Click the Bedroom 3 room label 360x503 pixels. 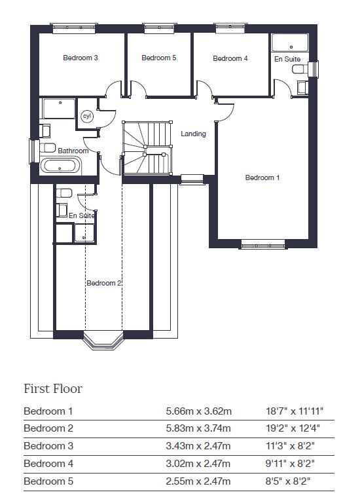pyautogui.click(x=80, y=58)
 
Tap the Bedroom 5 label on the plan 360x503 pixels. pyautogui.click(x=158, y=58)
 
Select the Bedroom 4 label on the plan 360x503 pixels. pyautogui.click(x=230, y=58)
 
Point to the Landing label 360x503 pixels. pyautogui.click(x=193, y=134)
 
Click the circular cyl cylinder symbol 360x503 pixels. pyautogui.click(x=87, y=116)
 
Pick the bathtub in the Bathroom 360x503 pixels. pyautogui.click(x=60, y=166)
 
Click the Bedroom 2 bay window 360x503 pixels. pyautogui.click(x=103, y=341)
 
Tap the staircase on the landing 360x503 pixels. pyautogui.click(x=147, y=148)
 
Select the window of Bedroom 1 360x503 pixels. pyautogui.click(x=263, y=244)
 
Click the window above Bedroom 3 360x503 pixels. pyautogui.click(x=75, y=28)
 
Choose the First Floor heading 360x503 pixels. pyautogui.click(x=53, y=389)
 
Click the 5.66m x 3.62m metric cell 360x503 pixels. pyautogui.click(x=199, y=411)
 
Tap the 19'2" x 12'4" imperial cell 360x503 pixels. pyautogui.click(x=293, y=428)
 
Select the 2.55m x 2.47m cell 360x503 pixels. pyautogui.click(x=198, y=481)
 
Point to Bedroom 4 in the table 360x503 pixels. pyautogui.click(x=48, y=464)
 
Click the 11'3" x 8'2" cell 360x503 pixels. pyautogui.click(x=290, y=446)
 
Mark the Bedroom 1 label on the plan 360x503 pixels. pyautogui.click(x=262, y=177)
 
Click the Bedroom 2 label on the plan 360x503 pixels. pyautogui.click(x=104, y=283)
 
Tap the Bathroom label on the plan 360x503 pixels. pyautogui.click(x=73, y=151)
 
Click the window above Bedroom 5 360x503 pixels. pyautogui.click(x=159, y=28)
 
